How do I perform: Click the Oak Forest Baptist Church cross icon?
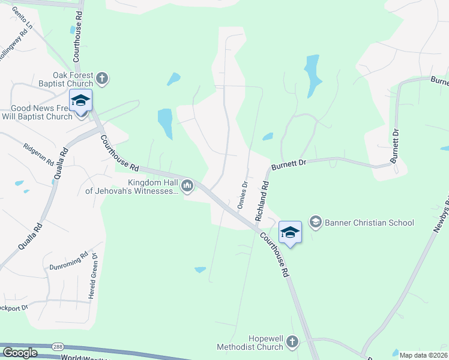(x=103, y=78)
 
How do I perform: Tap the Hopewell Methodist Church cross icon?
(x=292, y=342)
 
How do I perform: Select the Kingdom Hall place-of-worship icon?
(x=187, y=186)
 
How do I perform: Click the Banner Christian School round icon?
(x=315, y=223)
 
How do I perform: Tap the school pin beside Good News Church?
(x=80, y=100)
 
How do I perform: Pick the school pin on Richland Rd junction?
(x=289, y=232)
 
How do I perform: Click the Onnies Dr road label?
(x=243, y=196)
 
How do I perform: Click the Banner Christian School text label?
(x=369, y=223)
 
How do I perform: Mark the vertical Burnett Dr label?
(x=395, y=146)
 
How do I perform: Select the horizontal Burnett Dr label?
(x=289, y=164)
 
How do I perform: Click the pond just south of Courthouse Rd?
(x=200, y=270)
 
